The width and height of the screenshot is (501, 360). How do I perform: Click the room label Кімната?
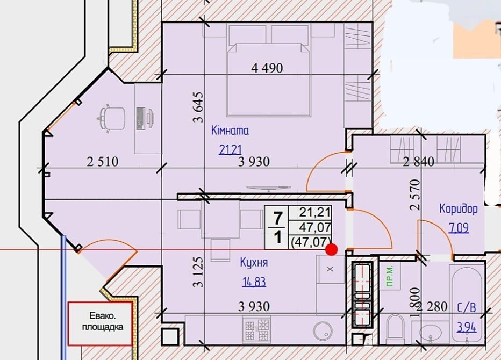(230, 131)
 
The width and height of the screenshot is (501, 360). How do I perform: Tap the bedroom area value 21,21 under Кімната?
(230, 149)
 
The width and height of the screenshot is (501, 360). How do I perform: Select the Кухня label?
(254, 263)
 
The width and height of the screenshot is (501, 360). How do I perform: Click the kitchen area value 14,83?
(254, 282)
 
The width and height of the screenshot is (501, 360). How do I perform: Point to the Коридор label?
(459, 208)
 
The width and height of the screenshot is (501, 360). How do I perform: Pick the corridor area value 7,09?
(459, 228)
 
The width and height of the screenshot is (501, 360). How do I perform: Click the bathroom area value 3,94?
(467, 327)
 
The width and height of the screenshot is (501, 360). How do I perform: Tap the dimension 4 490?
(267, 68)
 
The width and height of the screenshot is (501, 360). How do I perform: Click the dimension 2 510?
(103, 162)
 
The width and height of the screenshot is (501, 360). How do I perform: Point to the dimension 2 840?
(419, 162)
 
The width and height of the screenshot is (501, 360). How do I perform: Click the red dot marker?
(331, 250)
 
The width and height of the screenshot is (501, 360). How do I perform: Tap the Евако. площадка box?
(100, 323)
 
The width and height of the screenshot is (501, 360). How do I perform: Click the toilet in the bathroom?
(395, 328)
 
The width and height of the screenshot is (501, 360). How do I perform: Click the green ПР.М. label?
(389, 276)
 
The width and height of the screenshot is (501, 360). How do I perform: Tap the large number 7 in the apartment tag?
(277, 219)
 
